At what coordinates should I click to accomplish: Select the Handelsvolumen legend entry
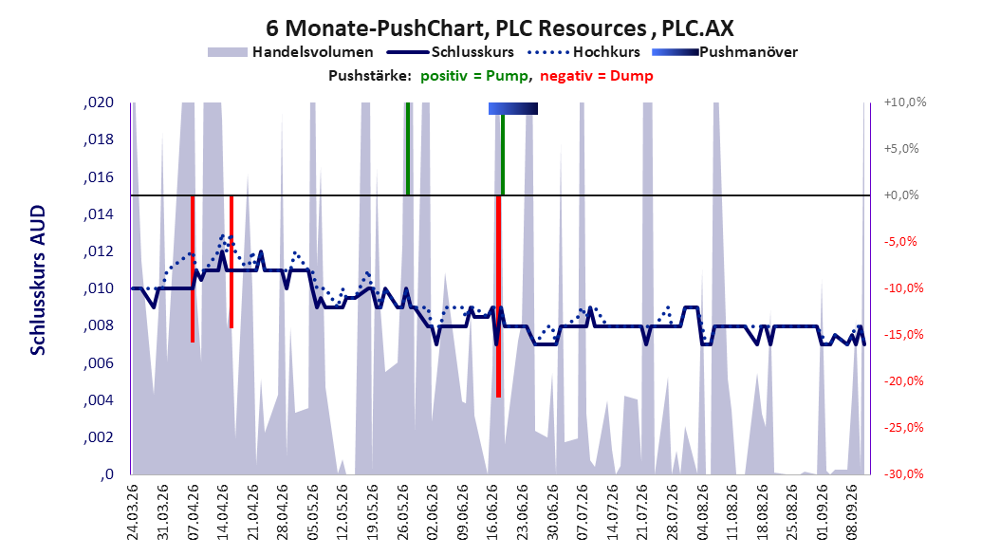[x=291, y=52]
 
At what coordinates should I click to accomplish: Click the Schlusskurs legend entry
[x=451, y=52]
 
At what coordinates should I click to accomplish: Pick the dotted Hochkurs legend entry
[x=584, y=52]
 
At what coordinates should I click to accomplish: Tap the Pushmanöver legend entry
[x=725, y=52]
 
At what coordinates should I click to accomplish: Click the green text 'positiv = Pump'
[x=473, y=76]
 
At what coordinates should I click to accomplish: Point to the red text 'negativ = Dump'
[x=597, y=76]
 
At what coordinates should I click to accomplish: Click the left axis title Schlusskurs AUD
[x=38, y=280]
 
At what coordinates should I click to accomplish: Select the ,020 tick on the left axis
[x=99, y=102]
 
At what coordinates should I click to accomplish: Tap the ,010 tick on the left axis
[x=99, y=288]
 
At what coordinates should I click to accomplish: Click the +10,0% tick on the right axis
[x=905, y=102]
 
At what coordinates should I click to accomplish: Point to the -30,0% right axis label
[x=903, y=473]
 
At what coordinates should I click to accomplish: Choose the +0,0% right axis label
[x=901, y=195]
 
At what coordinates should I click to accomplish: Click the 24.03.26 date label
[x=132, y=512]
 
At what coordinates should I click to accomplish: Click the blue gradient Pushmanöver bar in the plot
[x=512, y=109]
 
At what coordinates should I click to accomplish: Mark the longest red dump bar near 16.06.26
[x=499, y=296]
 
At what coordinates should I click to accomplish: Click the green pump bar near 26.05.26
[x=408, y=149]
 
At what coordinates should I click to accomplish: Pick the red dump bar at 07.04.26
[x=193, y=269]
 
